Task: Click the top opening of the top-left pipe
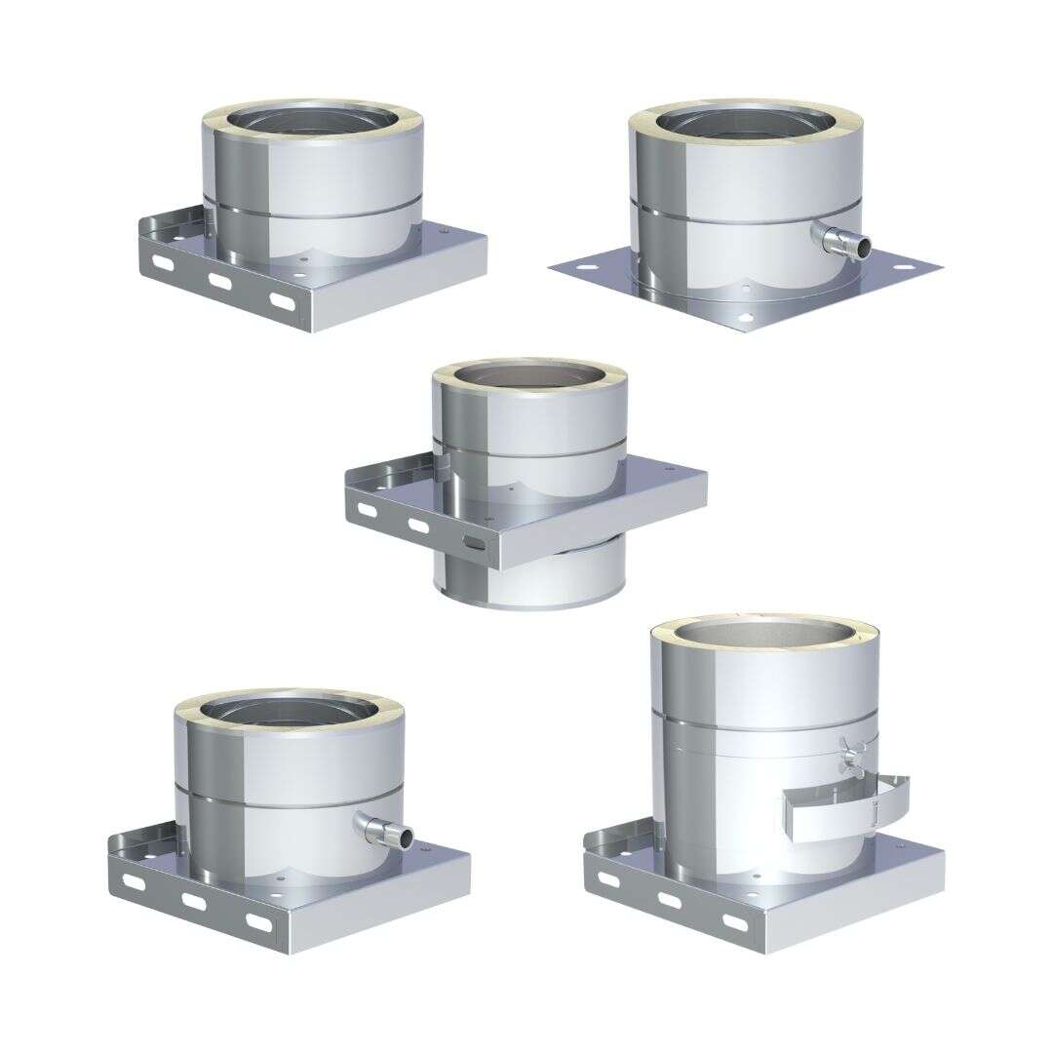pos(311,121)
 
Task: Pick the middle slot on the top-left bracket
pos(221,282)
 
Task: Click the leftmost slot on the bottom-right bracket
pos(608,879)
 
